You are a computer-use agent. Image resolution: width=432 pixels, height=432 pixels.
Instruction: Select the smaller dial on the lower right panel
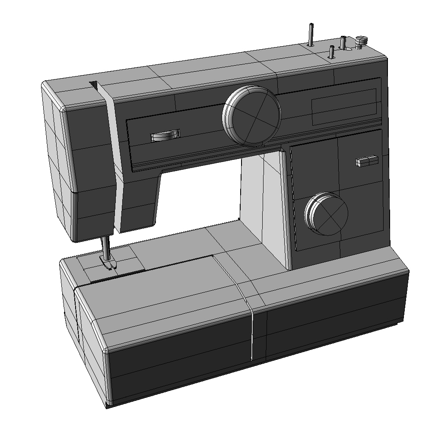pyautogui.click(x=327, y=214)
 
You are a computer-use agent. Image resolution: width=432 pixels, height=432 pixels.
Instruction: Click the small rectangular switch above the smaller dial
pyautogui.click(x=367, y=161)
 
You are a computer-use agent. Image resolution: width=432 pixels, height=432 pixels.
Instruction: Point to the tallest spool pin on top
pyautogui.click(x=310, y=35)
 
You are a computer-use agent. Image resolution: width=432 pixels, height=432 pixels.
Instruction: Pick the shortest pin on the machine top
pyautogui.click(x=331, y=52)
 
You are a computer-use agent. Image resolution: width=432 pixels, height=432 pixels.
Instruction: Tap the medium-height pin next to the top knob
pyautogui.click(x=343, y=43)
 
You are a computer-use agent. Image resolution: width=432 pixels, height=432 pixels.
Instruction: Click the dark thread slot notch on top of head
pyautogui.click(x=94, y=84)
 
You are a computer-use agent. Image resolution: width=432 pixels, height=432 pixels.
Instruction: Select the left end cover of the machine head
pyautogui.click(x=58, y=164)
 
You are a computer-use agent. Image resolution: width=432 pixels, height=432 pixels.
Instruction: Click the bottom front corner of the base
pyautogui.click(x=107, y=404)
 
